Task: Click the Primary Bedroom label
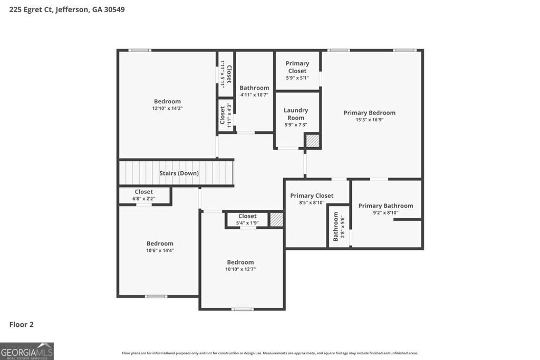pos(369,113)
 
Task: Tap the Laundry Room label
pos(296,114)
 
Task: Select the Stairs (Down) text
pos(179,173)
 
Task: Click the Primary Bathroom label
pos(385,206)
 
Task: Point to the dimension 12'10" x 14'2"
pos(167,109)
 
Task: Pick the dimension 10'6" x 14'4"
pos(160,250)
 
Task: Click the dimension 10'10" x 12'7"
pos(240,269)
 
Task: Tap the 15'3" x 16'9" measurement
pos(369,120)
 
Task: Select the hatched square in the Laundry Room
pos(313,141)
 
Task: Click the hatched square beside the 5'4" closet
pos(276,220)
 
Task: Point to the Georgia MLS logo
pos(27,351)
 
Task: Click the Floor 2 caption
pos(22,325)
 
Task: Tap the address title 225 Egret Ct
pos(67,9)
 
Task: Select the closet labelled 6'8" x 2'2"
pos(143,195)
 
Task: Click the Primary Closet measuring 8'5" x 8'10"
pos(312,199)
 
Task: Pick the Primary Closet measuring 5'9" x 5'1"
pos(297,71)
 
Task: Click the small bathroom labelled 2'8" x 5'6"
pos(339,227)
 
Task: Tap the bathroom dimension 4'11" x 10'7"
pos(254,95)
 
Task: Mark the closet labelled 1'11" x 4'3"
pos(226,115)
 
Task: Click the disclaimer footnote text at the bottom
pos(270,353)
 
